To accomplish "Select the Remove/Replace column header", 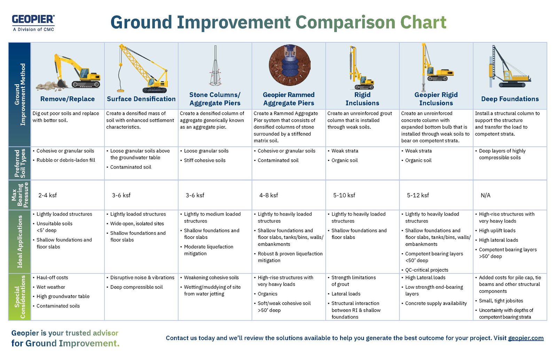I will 67,99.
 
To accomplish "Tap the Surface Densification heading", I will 141,99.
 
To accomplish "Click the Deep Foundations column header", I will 510,99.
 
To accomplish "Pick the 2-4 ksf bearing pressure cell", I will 48,195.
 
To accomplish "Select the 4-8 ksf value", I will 268,195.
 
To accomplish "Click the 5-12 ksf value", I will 417,195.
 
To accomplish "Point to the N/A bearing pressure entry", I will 485,195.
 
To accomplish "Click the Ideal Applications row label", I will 19,241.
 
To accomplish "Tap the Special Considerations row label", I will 19,297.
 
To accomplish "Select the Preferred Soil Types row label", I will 19,163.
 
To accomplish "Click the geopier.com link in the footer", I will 525,338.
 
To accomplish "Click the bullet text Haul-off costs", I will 52,278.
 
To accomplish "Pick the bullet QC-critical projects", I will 426,270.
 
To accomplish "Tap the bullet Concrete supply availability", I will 436,303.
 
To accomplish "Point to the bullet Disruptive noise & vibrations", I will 142,278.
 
